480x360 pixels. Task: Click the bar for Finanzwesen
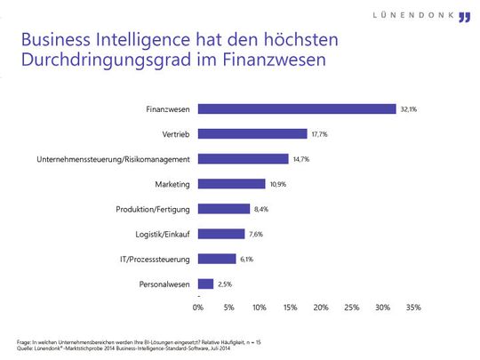click(296, 109)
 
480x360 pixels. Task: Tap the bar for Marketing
click(231, 184)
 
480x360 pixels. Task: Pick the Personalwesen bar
click(205, 284)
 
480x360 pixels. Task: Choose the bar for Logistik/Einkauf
click(220, 234)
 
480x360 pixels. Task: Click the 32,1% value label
click(409, 109)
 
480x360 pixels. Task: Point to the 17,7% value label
click(320, 134)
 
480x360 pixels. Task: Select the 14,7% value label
click(301, 159)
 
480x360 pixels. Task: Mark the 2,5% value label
click(227, 284)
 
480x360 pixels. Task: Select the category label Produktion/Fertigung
click(153, 209)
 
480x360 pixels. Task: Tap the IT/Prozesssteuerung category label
click(157, 259)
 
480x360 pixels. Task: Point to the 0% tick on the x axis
click(198, 308)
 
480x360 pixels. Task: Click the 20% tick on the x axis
click(321, 308)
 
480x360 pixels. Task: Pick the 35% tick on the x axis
click(412, 308)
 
